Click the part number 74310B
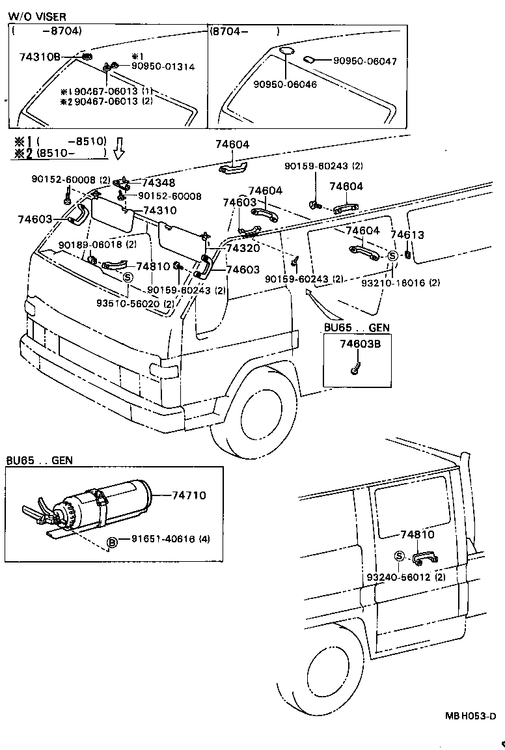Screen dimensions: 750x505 pos(39,57)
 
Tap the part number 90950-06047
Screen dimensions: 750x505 pos(364,61)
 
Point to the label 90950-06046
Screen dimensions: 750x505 pos(285,85)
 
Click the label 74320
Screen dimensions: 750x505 pos(243,248)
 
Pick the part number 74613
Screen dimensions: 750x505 pos(407,235)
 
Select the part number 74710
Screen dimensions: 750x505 pos(189,495)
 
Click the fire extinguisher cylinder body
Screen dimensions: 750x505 pos(117,498)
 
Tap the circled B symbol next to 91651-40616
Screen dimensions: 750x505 pos(112,542)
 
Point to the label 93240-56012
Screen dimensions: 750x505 pos(397,577)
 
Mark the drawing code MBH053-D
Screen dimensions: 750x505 pos(471,716)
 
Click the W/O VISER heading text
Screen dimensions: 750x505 pos(36,16)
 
